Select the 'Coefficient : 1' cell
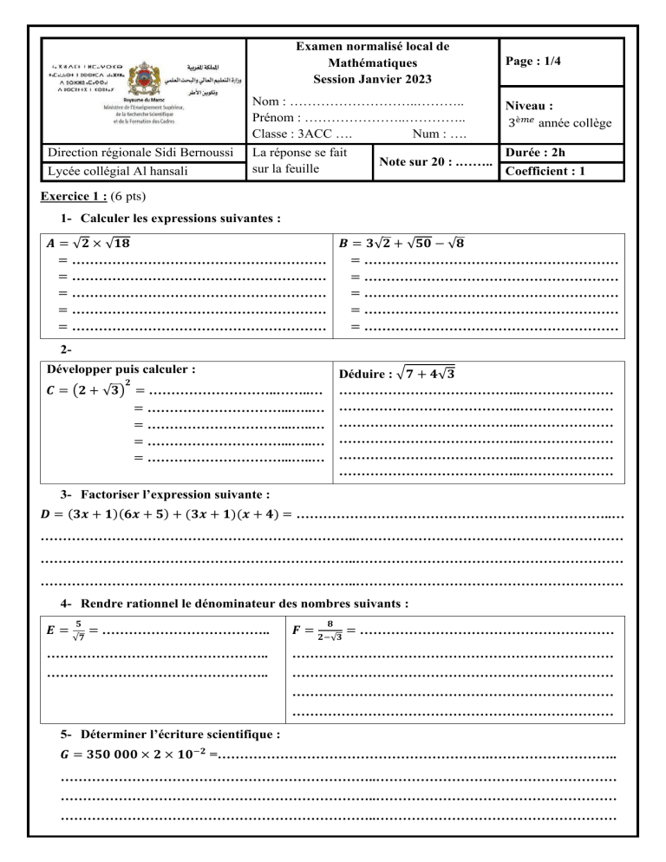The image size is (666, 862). point(546,171)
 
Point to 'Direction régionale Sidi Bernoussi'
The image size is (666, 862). point(138,154)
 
